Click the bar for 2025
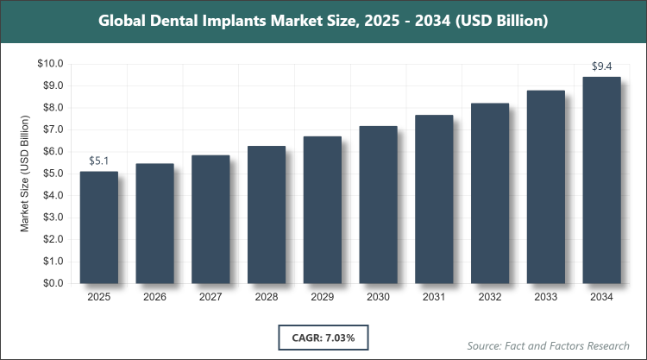tap(99, 227)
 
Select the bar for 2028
tap(267, 214)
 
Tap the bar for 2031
tap(434, 199)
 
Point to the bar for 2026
tap(155, 223)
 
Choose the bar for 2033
tap(545, 186)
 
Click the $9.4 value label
tap(601, 65)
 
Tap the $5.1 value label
tap(99, 160)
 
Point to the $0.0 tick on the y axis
tap(50, 283)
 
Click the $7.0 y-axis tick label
tap(50, 129)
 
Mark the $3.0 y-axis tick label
tap(50, 218)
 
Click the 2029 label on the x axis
tap(323, 297)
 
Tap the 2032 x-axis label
tap(490, 297)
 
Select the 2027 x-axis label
tap(211, 297)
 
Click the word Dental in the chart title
tap(186, 19)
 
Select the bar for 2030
tap(378, 205)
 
